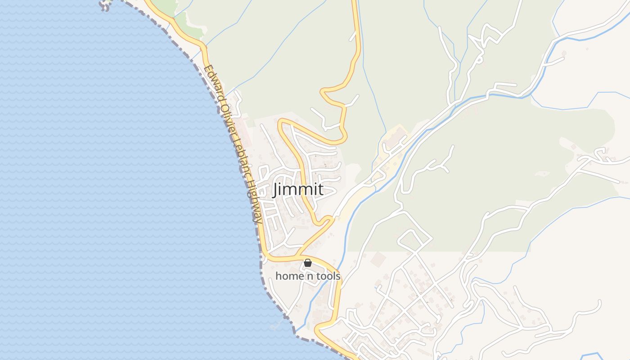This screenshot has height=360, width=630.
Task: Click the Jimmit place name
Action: (297, 189)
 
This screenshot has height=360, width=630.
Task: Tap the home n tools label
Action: (308, 276)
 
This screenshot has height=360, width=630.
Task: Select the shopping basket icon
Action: (308, 263)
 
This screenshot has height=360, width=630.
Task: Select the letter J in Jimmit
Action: (276, 189)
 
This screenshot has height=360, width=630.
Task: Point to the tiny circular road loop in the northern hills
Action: (479, 59)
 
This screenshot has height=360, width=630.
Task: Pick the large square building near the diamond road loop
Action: (379, 259)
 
